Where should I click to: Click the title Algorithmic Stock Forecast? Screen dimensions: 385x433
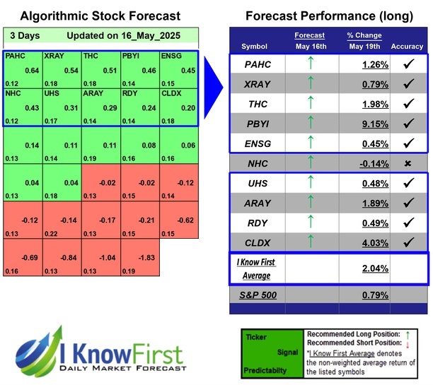tap(100, 16)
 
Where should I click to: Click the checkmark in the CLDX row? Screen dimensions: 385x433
tap(408, 242)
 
